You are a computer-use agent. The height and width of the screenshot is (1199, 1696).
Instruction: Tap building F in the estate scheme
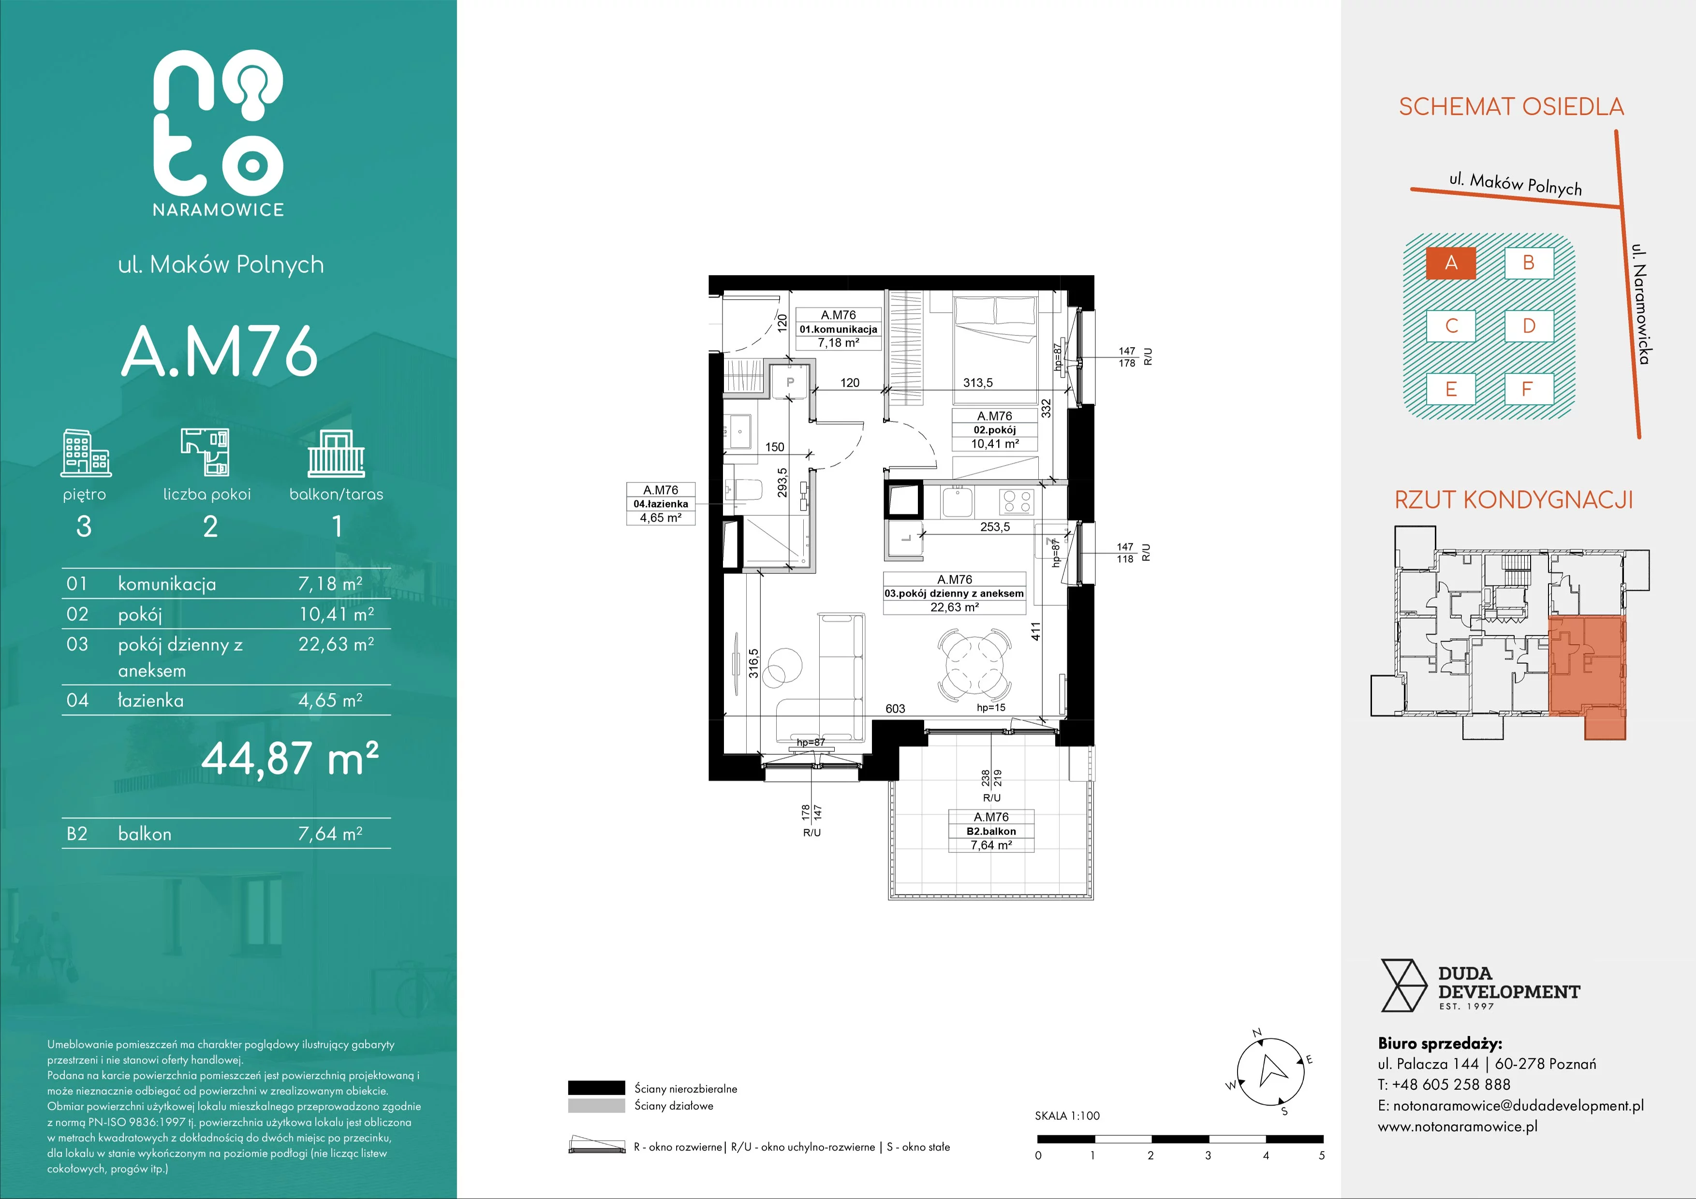click(x=1528, y=389)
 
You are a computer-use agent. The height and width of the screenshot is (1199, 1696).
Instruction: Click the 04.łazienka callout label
click(x=661, y=503)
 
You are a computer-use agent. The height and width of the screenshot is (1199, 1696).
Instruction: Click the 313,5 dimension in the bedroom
click(x=978, y=382)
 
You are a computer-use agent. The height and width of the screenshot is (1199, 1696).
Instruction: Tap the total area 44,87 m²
click(x=290, y=758)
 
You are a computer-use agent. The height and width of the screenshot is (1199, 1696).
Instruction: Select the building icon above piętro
click(x=85, y=453)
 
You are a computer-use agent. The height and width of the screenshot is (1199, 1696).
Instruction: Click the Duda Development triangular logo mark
click(x=1403, y=985)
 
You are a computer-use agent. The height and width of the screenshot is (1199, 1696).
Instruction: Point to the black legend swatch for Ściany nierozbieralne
click(x=596, y=1087)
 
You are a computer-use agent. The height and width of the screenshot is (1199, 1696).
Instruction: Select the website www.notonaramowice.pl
click(x=1458, y=1126)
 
